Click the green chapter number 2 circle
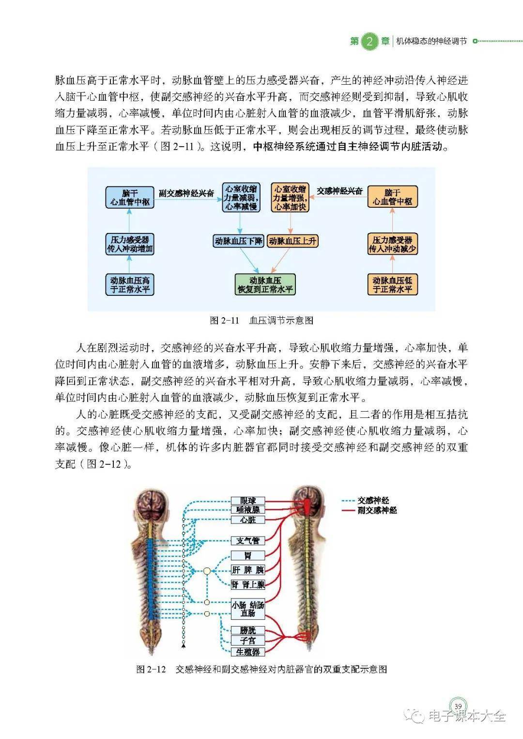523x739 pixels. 369,41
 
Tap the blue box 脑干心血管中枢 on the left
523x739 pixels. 130,198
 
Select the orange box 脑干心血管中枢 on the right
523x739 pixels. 392,197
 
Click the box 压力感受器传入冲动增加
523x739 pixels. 130,245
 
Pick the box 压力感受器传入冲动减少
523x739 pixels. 392,245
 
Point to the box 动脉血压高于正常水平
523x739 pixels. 130,285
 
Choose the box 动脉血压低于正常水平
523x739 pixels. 392,285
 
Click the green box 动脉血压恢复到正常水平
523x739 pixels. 265,285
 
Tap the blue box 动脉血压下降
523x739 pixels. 239,241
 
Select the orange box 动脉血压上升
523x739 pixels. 292,241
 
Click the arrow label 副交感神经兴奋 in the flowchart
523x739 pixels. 186,193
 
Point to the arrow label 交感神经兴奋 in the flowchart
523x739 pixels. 339,191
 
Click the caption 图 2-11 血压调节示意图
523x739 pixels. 261,320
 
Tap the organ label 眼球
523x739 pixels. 248,500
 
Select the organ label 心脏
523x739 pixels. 248,520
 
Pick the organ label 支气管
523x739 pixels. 248,540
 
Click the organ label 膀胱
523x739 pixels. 248,630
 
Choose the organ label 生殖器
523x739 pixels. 248,652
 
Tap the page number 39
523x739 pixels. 458,706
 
